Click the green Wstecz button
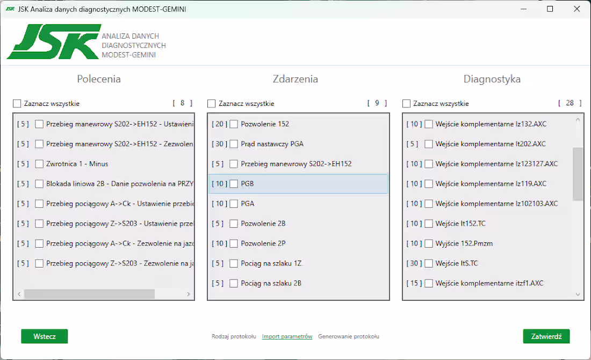(44, 336)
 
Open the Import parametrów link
(287, 336)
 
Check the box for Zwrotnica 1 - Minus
(39, 164)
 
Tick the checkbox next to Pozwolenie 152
(234, 124)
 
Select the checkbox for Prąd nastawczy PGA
(234, 144)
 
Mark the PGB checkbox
(234, 184)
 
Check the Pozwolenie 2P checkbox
(234, 243)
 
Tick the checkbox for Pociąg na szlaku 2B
(234, 283)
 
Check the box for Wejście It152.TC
(429, 224)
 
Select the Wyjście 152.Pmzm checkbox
(429, 243)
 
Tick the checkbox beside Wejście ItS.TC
(429, 263)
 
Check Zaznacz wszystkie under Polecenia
(17, 104)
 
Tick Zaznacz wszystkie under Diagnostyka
(407, 104)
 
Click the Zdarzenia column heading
(295, 79)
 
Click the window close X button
(576, 9)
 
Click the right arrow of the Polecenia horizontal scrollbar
(188, 294)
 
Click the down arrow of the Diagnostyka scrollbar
(578, 294)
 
